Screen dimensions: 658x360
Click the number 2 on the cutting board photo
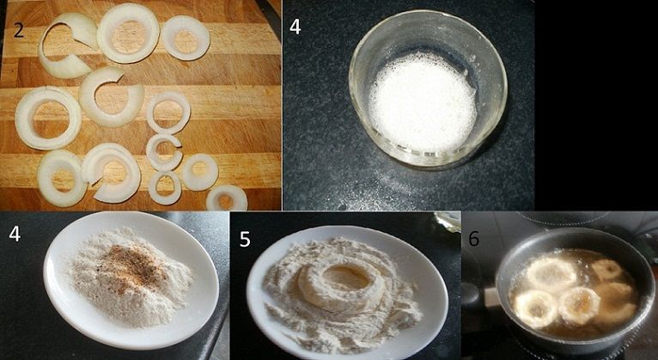[x=18, y=31]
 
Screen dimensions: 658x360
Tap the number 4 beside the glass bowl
[x=295, y=27]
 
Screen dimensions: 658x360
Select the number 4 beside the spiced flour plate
[x=15, y=234]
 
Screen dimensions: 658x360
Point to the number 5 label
[x=245, y=239]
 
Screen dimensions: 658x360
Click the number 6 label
[x=474, y=238]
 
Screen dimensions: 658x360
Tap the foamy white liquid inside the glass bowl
[x=423, y=102]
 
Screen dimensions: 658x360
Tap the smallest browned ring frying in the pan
[x=606, y=270]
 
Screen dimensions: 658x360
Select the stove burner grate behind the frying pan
[x=563, y=218]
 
